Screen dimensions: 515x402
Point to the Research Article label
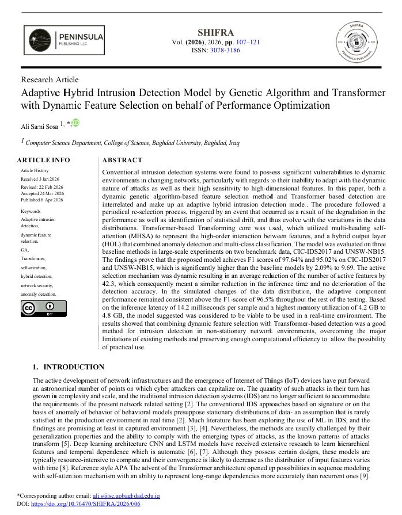click(x=50, y=79)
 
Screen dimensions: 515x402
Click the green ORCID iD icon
click(x=75, y=123)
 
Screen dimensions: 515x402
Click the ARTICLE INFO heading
click(x=44, y=160)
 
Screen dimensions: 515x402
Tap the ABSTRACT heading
click(x=122, y=160)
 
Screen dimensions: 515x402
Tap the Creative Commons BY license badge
click(x=44, y=309)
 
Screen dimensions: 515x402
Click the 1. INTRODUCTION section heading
click(x=68, y=367)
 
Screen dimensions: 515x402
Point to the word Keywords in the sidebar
click(x=31, y=211)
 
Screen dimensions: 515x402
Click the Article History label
click(x=35, y=171)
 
